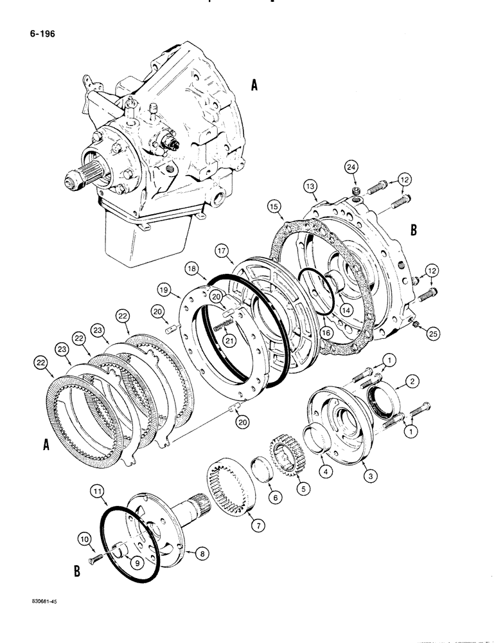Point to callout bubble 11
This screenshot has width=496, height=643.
[97, 494]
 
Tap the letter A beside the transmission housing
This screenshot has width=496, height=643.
[254, 85]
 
